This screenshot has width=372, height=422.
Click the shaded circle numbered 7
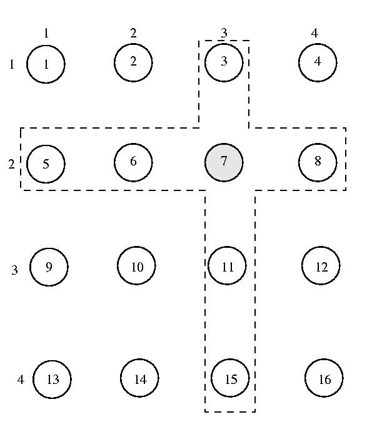pos(224,162)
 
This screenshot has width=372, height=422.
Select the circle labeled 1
pos(46,64)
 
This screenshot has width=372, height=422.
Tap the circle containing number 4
pos(318,62)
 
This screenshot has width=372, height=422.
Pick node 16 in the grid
pos(324,378)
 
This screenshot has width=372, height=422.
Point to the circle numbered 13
pos(52,379)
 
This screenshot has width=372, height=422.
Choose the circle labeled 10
pos(136,265)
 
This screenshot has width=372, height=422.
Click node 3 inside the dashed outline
pos(224,62)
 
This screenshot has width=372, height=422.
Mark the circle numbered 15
pos(230,378)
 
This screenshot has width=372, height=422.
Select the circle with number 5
pos(46,164)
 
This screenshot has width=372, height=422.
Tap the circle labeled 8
pos(318,162)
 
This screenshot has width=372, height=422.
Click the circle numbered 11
pos(227,265)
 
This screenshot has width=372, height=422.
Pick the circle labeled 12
pos(321,265)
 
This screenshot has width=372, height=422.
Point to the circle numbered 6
pos(133,162)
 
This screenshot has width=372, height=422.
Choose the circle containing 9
pos(49,267)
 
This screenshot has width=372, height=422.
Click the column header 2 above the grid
pos(133,33)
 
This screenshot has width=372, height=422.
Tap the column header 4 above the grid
pos(314,33)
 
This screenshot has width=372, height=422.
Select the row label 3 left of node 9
pos(14,270)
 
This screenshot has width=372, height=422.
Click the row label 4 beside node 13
pos(21,379)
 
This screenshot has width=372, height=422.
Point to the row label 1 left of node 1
pos(12,64)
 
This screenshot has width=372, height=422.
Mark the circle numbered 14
pos(139,378)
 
